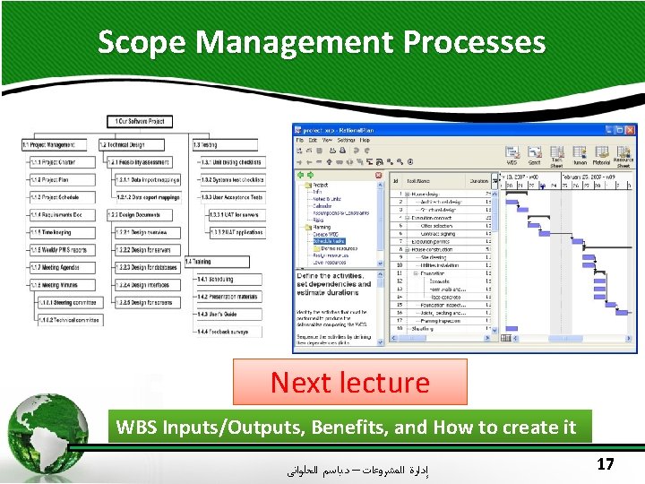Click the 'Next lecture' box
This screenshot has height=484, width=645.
[349, 383]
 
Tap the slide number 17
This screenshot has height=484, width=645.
[604, 464]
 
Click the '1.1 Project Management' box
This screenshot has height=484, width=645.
[48, 144]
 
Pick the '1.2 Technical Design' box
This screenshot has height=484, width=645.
[131, 144]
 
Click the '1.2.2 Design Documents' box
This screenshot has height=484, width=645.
[135, 214]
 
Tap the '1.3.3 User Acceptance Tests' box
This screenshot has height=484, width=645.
[231, 196]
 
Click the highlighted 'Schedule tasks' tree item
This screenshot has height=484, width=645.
[329, 241]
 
